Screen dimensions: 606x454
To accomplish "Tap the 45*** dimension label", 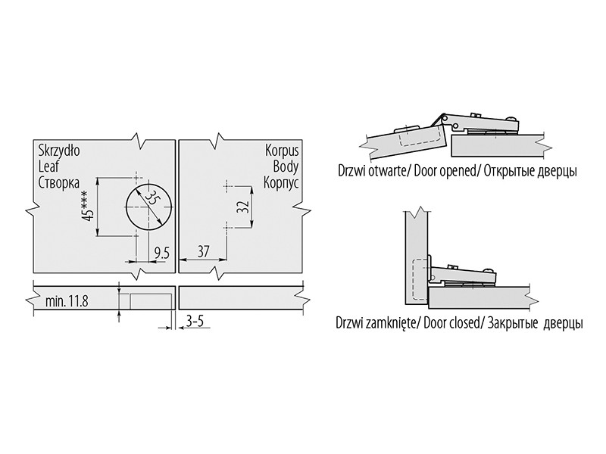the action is (89, 207).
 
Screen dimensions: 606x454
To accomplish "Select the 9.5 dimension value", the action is (161, 253).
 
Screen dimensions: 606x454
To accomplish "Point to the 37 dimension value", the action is (202, 252).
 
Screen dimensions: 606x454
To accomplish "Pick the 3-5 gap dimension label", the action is (195, 322).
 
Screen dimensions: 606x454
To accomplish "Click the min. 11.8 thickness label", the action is (67, 301).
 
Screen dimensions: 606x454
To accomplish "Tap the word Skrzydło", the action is (59, 151).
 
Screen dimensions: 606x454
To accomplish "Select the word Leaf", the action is (48, 166).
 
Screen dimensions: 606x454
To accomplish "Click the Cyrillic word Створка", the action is (59, 182).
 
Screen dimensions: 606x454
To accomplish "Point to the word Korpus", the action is (282, 151).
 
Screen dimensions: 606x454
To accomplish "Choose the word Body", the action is (286, 166).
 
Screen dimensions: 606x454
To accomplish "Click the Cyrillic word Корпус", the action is (281, 182).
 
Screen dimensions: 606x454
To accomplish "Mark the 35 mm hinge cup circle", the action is (148, 207).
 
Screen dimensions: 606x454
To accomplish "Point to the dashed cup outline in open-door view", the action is (420, 138).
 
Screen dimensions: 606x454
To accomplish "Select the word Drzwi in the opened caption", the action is (350, 171).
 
